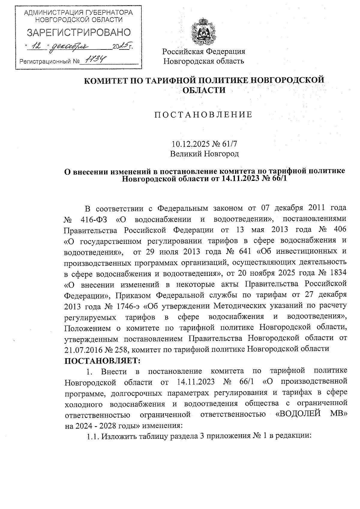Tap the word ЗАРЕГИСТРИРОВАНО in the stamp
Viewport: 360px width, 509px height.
tap(79, 32)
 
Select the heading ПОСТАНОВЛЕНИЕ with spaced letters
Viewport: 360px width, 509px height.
tap(203, 115)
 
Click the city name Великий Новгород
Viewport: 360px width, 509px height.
tap(204, 154)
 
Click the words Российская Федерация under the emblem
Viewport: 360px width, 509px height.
tap(204, 51)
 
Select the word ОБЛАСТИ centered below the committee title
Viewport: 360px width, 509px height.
tap(204, 90)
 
